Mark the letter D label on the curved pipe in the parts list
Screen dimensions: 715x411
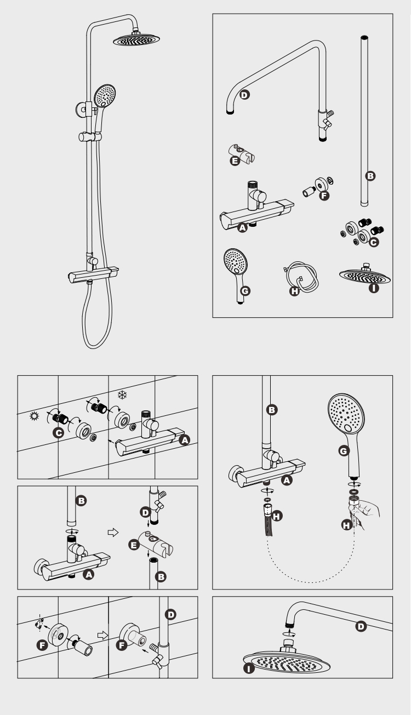(x=244, y=94)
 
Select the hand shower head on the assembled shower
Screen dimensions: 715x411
(x=105, y=95)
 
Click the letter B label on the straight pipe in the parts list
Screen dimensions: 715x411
(x=370, y=176)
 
